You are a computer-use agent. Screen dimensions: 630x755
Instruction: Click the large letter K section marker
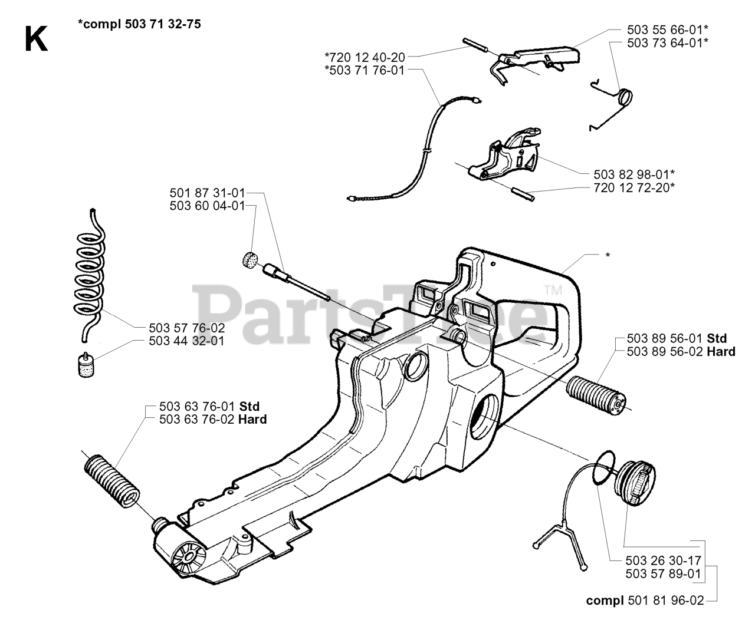(36, 40)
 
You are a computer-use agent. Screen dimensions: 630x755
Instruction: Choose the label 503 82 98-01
(633, 174)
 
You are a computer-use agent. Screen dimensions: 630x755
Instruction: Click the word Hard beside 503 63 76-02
(252, 420)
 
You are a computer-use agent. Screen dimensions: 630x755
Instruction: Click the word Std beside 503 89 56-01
(717, 338)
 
